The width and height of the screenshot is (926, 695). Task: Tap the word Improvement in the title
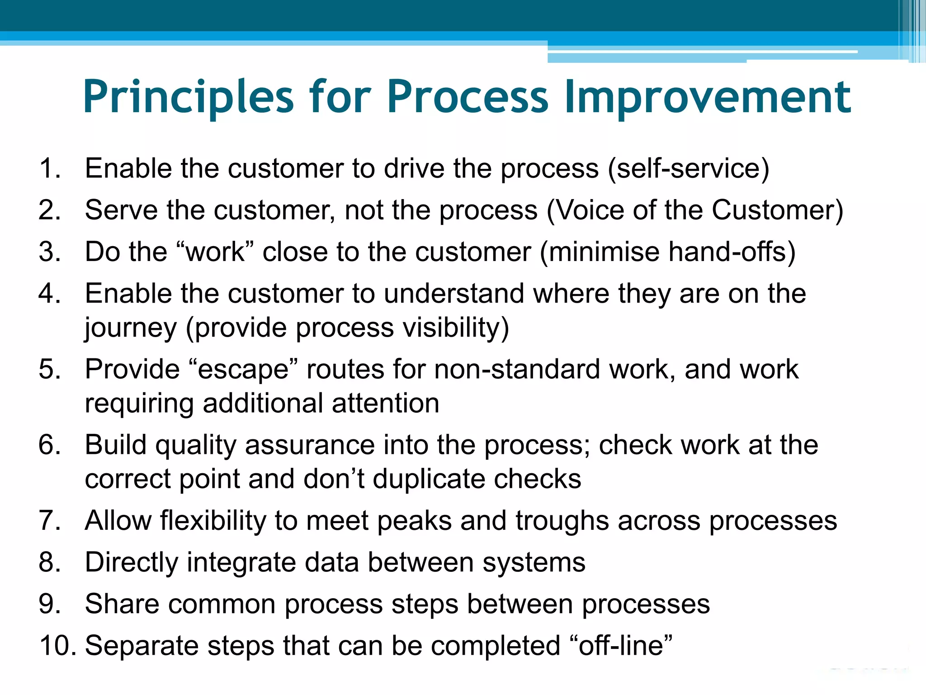(x=708, y=97)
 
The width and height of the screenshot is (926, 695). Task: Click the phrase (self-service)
(x=688, y=169)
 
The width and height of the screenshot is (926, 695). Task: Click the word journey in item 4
(x=131, y=328)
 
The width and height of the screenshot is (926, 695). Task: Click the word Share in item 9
(x=122, y=604)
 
